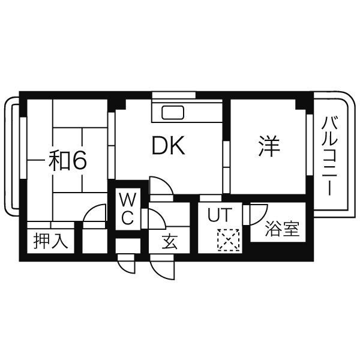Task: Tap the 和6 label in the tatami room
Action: (68, 160)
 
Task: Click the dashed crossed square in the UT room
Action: (227, 241)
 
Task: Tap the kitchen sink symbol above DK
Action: (173, 112)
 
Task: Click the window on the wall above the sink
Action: (173, 95)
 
